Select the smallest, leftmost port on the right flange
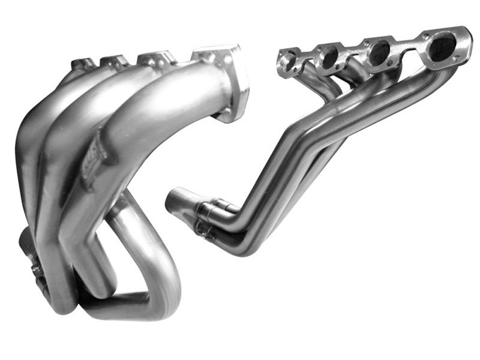[287, 62]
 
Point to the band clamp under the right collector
[204, 229]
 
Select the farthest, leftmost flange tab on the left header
[82, 63]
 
